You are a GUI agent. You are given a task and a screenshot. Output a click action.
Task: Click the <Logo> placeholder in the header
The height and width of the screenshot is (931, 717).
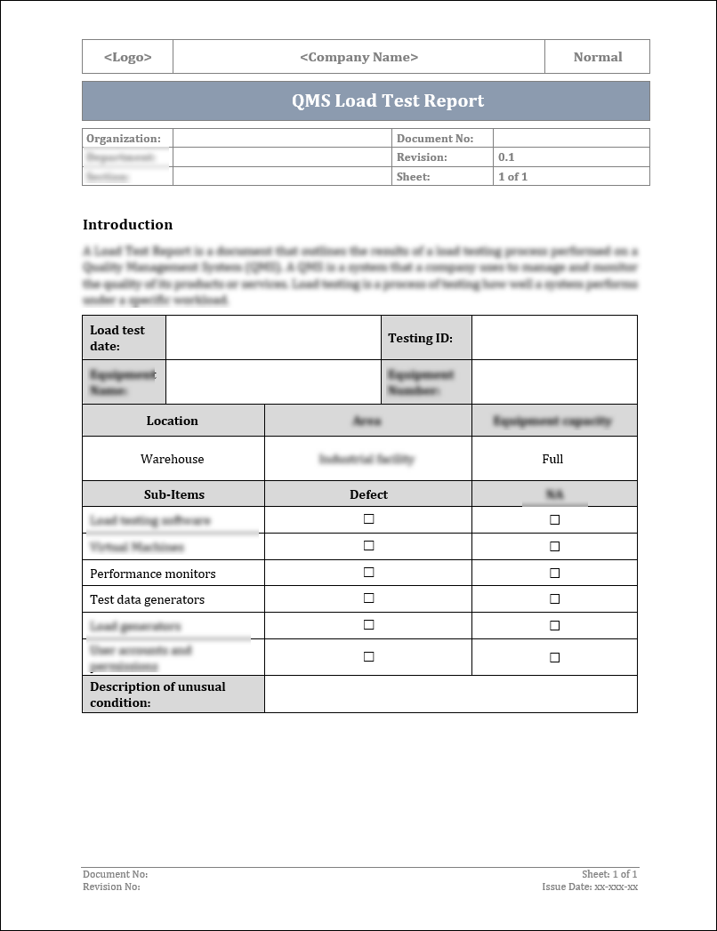coord(127,57)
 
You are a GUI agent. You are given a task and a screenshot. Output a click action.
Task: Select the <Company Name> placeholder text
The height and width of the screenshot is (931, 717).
coord(358,57)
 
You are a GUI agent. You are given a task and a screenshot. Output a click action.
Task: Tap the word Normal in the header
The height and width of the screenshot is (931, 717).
coord(597,57)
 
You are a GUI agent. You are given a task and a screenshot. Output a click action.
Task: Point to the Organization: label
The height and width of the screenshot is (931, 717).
coord(124,139)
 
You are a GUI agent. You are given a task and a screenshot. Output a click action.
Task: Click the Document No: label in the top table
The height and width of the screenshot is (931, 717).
coord(434,139)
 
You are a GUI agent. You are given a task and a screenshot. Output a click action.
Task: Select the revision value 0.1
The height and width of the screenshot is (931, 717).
coord(506,157)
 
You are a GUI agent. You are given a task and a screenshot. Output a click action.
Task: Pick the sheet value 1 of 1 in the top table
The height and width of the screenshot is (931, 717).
coord(512,177)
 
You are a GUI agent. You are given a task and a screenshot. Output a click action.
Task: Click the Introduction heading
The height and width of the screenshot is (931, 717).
coord(127,224)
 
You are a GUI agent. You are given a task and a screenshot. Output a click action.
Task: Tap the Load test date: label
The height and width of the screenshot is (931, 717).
coord(117,338)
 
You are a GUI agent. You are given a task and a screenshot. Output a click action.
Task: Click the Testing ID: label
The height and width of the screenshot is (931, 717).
coord(420,338)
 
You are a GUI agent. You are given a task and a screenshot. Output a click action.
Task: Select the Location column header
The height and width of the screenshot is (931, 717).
coord(173,421)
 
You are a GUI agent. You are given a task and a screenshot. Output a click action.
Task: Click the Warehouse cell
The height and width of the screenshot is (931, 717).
coord(173,459)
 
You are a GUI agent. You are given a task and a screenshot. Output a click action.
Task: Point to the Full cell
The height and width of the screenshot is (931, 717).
coord(552,459)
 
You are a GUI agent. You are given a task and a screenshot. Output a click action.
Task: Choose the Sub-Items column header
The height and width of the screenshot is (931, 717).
coord(173,494)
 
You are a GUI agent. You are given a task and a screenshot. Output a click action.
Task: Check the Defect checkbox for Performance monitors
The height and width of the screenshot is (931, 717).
coord(368,573)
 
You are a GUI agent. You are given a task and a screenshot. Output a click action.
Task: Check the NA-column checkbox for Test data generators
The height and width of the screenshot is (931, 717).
coord(554,599)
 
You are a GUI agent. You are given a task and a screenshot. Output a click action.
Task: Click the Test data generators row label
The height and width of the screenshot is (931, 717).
coord(147,599)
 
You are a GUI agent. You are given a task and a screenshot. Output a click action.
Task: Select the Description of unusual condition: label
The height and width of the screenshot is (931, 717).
coord(157,694)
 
